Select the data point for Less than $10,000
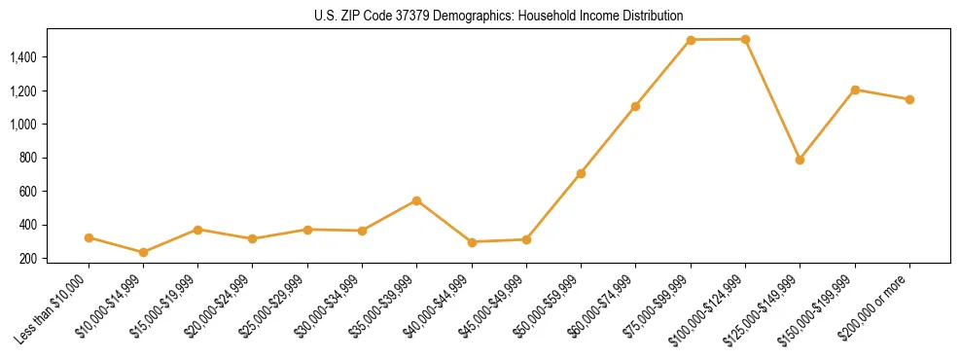[x=89, y=237]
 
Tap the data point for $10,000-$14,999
[x=144, y=252]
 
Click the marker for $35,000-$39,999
[x=416, y=200]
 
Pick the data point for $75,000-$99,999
[x=691, y=40]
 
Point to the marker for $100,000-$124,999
[x=745, y=39]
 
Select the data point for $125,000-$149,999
[x=800, y=160]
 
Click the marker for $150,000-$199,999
[x=855, y=90]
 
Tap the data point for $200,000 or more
[x=909, y=99]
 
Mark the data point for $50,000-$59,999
[x=581, y=173]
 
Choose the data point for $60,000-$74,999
[x=635, y=106]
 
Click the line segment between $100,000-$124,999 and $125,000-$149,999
[x=772, y=99]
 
